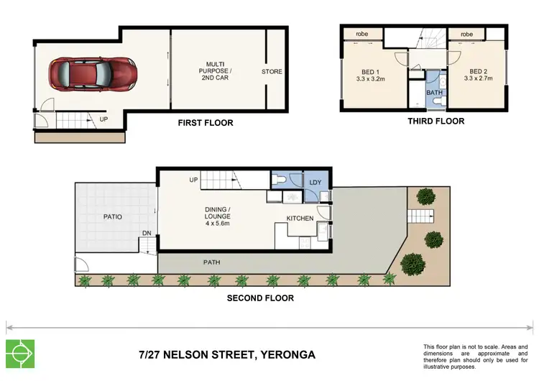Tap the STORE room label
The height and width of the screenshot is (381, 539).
(x=272, y=72)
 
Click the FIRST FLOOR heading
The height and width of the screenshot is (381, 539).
(x=205, y=123)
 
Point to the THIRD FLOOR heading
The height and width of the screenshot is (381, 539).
(x=436, y=121)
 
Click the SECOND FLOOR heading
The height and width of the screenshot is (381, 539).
(x=260, y=298)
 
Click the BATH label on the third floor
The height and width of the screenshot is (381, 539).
(x=434, y=93)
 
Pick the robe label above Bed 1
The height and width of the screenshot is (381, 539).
(x=352, y=34)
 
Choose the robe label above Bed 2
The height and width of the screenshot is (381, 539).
(x=466, y=34)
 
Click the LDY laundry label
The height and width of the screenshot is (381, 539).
(x=315, y=182)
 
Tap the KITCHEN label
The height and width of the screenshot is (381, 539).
(x=300, y=218)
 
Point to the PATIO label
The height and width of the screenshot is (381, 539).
(x=112, y=216)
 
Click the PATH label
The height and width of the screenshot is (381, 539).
(x=211, y=262)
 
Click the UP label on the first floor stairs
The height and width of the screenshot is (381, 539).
(x=104, y=119)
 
